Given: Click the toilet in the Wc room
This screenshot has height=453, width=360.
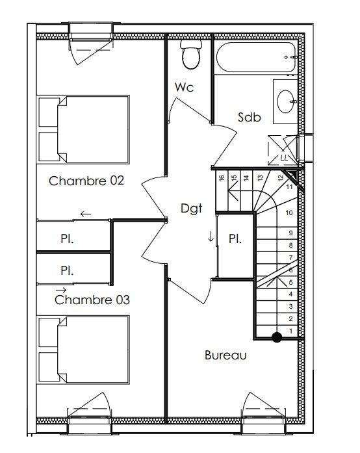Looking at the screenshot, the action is [x=191, y=55].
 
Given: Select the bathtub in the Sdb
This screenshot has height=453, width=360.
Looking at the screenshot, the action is [x=256, y=57].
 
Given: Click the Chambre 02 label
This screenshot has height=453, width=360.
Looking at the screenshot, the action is [x=86, y=181].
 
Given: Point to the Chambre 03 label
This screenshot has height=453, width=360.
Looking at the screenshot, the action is [x=92, y=300].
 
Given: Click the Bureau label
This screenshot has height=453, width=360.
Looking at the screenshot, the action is [x=225, y=355].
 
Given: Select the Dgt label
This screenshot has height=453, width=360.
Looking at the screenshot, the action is [x=191, y=208].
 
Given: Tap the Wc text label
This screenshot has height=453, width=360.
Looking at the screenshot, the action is [x=184, y=87].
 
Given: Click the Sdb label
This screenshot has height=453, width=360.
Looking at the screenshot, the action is [x=250, y=117].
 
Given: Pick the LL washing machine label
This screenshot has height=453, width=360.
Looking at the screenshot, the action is [x=284, y=158].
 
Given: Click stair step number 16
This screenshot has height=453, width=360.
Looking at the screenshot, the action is [x=222, y=178].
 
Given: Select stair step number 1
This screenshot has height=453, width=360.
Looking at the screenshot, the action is [x=290, y=331].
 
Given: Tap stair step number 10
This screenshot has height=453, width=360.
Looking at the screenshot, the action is [x=289, y=213].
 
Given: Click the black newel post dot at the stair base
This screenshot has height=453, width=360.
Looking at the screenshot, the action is [x=277, y=337].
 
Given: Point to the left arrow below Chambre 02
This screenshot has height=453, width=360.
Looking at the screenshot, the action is [x=86, y=214].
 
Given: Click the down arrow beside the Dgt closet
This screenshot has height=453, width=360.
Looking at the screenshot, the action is [x=211, y=236].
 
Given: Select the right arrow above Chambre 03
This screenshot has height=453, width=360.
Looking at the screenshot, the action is [x=61, y=290].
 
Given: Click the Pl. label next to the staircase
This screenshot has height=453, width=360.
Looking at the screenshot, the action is [x=235, y=239].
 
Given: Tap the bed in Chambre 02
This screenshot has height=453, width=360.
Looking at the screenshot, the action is [x=83, y=129].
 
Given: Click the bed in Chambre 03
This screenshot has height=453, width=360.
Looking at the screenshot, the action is [x=83, y=350].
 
